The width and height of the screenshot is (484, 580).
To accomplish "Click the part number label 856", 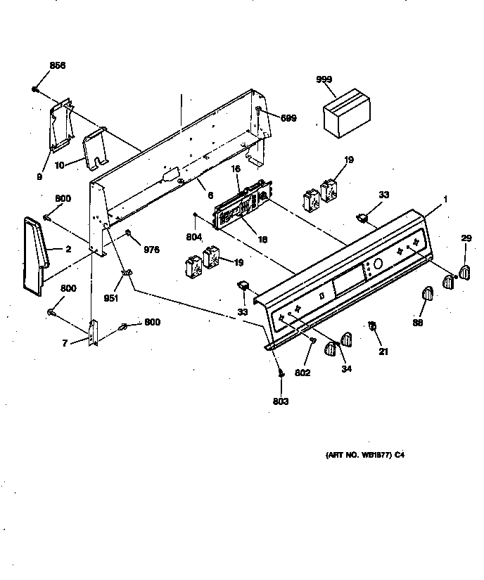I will (x=57, y=65).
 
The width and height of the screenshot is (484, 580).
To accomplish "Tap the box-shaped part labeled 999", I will (x=342, y=111).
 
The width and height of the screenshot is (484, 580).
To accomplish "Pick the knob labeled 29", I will (x=464, y=271).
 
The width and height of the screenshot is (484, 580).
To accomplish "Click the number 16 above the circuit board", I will (x=236, y=169).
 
